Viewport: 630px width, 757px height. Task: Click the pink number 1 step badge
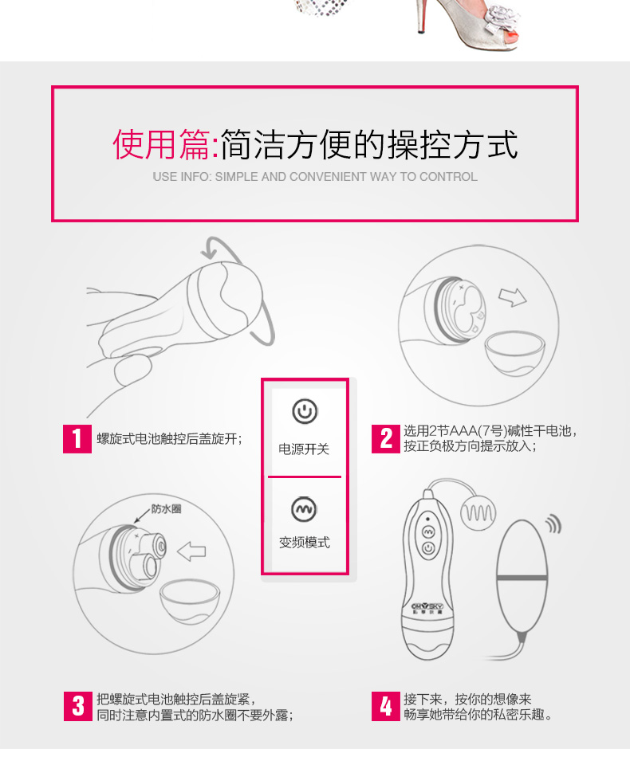pyautogui.click(x=77, y=439)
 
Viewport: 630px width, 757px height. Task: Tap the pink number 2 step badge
pyautogui.click(x=385, y=439)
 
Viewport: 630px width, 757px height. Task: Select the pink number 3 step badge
pyautogui.click(x=78, y=706)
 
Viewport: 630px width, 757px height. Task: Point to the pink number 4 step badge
pyautogui.click(x=385, y=706)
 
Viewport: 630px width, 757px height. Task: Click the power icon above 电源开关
pyautogui.click(x=305, y=411)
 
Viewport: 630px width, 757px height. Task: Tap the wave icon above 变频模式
pyautogui.click(x=304, y=509)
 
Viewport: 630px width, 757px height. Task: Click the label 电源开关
pyautogui.click(x=304, y=449)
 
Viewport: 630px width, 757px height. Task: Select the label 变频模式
pyautogui.click(x=305, y=543)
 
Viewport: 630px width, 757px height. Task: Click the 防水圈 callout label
pyautogui.click(x=166, y=509)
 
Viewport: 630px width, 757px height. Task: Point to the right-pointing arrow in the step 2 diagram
pyautogui.click(x=513, y=297)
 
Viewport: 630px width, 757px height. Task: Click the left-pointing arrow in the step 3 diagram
pyautogui.click(x=192, y=552)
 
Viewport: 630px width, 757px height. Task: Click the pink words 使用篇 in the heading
pyautogui.click(x=162, y=144)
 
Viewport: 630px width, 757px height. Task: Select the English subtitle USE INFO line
pyautogui.click(x=315, y=177)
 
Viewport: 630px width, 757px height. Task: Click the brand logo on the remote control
pyautogui.click(x=427, y=608)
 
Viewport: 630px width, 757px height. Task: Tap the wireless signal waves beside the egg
pyautogui.click(x=553, y=524)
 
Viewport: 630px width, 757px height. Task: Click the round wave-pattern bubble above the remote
pyautogui.click(x=478, y=513)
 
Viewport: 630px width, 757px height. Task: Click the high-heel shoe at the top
pyautogui.click(x=467, y=23)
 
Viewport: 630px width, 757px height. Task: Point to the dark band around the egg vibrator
pyautogui.click(x=522, y=578)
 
